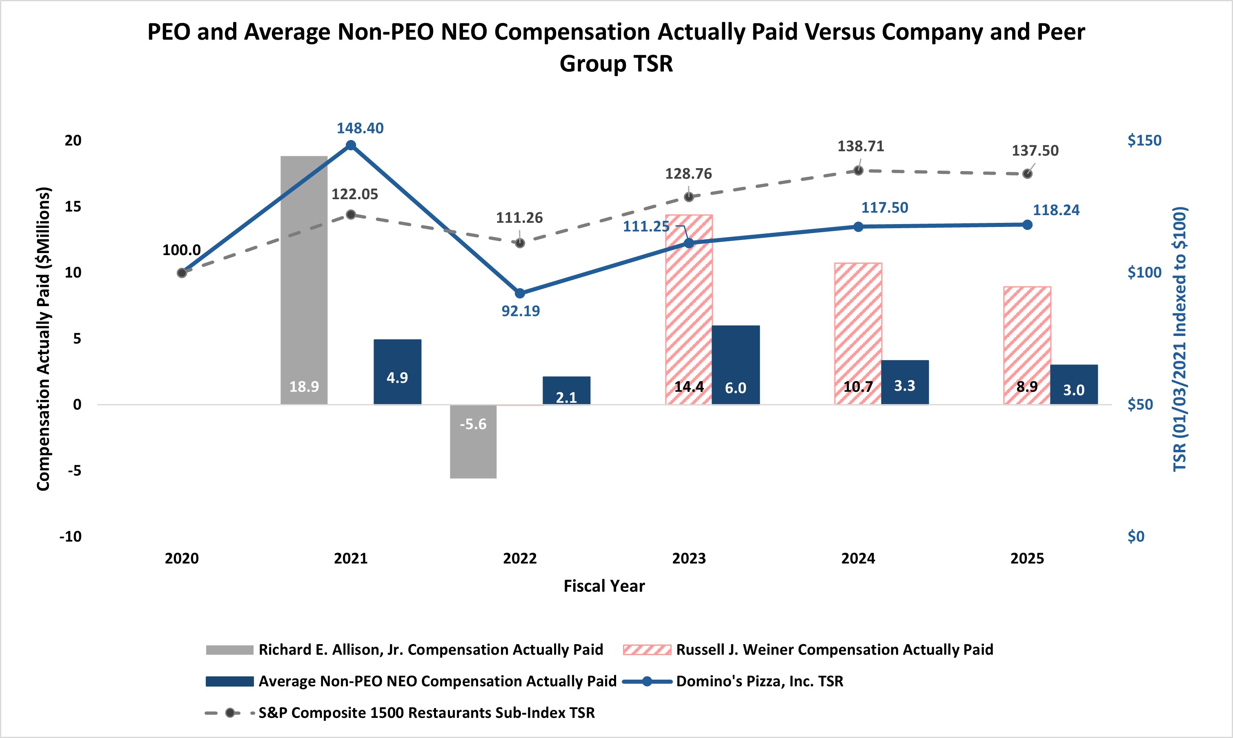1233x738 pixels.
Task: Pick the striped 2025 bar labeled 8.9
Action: [1027, 345]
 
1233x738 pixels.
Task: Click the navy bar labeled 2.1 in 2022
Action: [567, 390]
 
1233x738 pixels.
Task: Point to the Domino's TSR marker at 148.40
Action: [351, 145]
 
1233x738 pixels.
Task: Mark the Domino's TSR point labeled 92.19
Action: [520, 293]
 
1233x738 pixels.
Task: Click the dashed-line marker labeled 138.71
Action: [858, 171]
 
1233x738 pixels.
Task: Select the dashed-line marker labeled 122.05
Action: [351, 214]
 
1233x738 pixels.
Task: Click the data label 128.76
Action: [688, 174]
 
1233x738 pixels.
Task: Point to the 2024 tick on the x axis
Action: [858, 558]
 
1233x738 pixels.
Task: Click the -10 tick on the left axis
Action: [71, 537]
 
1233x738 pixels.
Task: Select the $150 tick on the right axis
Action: [1144, 140]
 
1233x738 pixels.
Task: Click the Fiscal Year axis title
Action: [604, 586]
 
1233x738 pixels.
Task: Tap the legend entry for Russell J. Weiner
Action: [834, 649]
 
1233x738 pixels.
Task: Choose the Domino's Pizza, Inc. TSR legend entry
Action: [759, 681]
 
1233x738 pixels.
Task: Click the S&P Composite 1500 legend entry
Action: [426, 713]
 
